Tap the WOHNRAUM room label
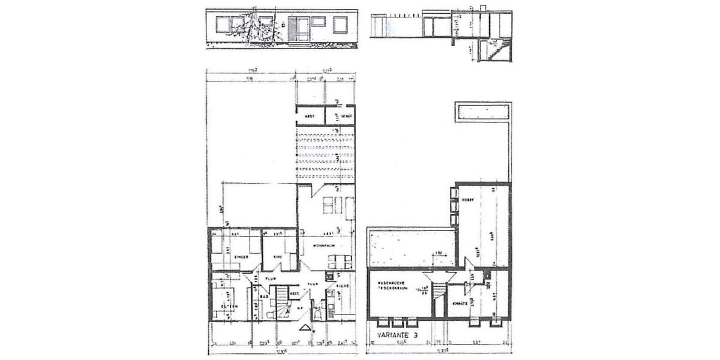pos(322,245)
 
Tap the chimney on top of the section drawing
pos(471,8)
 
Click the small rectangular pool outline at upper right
pos(482,112)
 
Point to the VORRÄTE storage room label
pos(461,304)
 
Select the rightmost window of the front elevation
pos(340,25)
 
